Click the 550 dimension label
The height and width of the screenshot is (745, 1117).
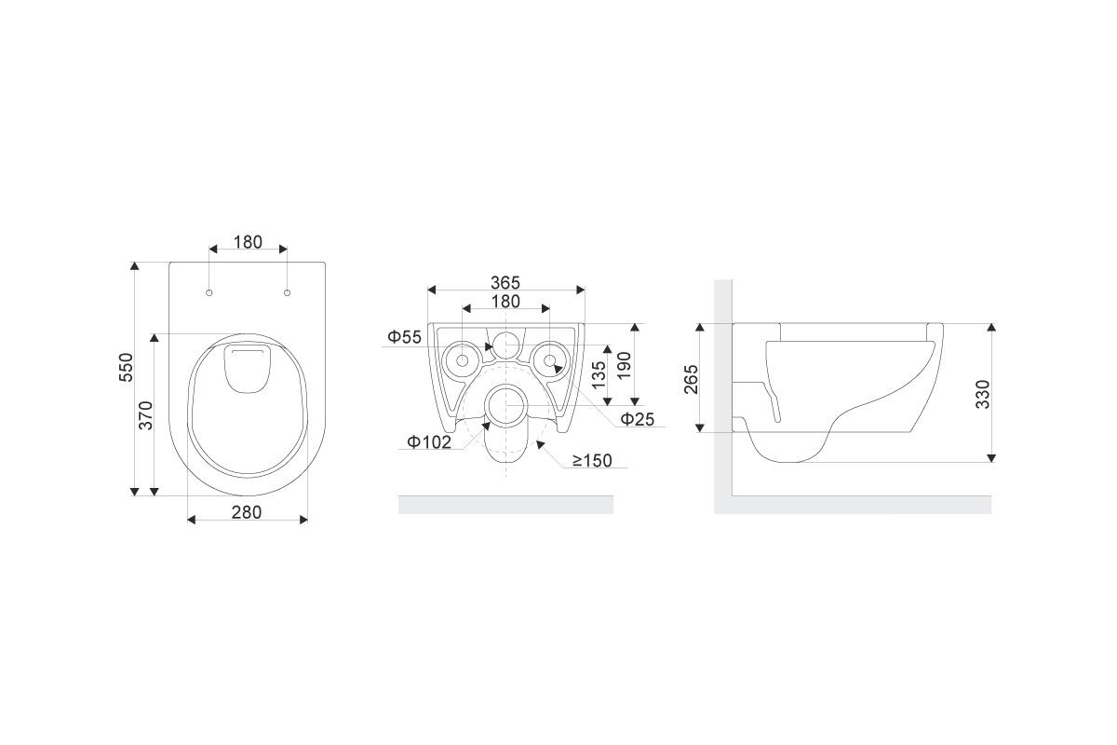click(127, 367)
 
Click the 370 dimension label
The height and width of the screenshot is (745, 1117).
click(145, 415)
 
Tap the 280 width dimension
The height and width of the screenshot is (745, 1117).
click(247, 512)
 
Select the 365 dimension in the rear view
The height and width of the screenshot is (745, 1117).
click(505, 283)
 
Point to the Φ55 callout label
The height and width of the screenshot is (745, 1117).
click(404, 337)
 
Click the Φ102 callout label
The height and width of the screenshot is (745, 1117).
click(429, 442)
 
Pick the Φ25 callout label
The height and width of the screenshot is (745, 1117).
click(638, 419)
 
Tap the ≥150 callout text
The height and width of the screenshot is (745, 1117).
click(592, 461)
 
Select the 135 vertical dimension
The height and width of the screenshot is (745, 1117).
click(599, 374)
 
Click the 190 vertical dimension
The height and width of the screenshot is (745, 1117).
click(624, 366)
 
